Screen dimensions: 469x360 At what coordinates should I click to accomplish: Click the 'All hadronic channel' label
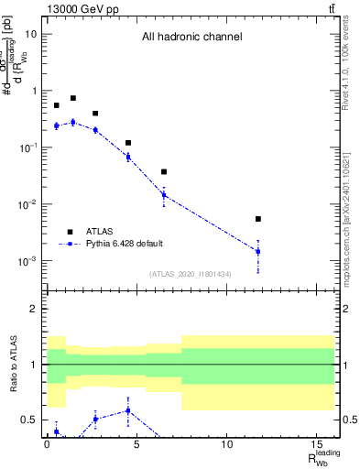[x=191, y=38]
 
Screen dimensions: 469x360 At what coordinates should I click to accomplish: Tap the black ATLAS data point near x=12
[x=258, y=219]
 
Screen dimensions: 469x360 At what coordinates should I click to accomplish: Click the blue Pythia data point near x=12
[x=258, y=251]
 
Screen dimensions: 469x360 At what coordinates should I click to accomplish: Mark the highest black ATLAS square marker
[x=73, y=98]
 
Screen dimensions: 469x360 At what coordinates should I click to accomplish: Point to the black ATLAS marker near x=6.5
[x=164, y=171]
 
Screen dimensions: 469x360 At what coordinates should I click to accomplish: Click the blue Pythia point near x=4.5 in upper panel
[x=128, y=157]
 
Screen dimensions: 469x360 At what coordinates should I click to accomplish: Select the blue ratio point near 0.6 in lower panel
[x=128, y=410]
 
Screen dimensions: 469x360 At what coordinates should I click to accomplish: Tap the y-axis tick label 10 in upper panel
[x=31, y=34]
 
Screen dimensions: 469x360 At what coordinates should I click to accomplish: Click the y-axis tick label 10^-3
[x=28, y=261]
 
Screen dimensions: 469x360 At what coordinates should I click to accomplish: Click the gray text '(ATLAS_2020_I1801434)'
[x=191, y=274]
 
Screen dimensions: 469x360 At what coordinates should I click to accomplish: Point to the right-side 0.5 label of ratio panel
[x=345, y=420]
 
